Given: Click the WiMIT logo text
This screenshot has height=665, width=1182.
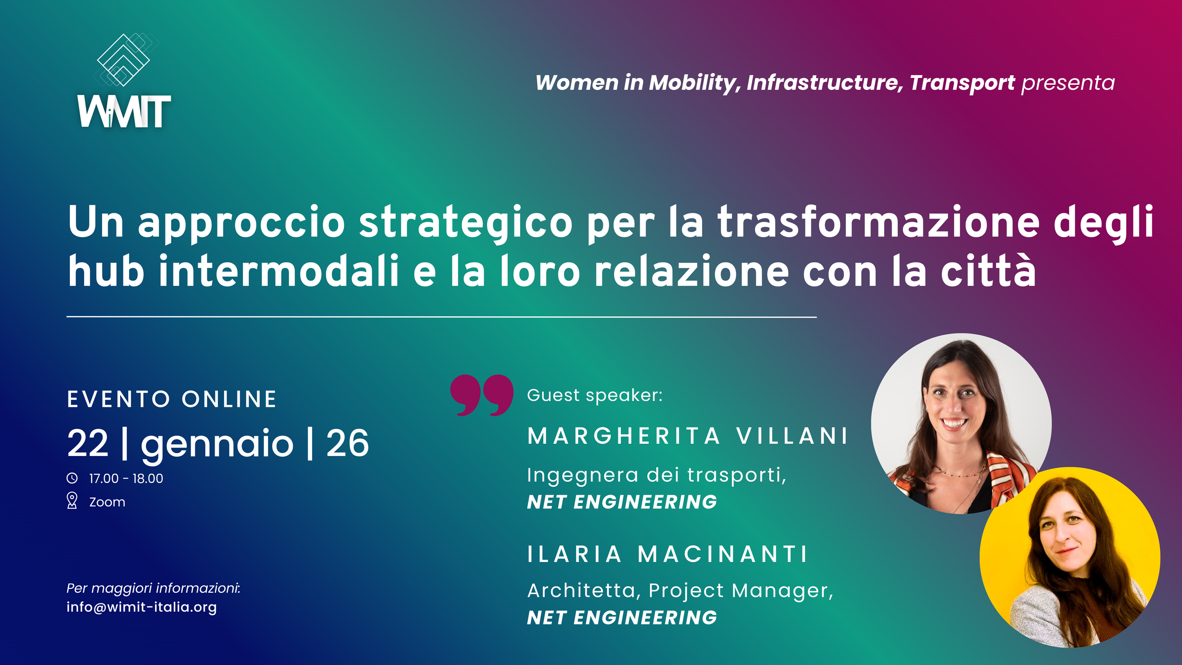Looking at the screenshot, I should pyautogui.click(x=124, y=112).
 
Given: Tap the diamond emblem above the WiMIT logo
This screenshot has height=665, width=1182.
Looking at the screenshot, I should pyautogui.click(x=124, y=60).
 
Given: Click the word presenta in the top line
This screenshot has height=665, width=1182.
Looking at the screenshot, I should pyautogui.click(x=1068, y=83).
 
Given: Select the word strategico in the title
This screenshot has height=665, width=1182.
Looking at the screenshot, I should pyautogui.click(x=466, y=222).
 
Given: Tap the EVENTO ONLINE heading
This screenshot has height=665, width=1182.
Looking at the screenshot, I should pyautogui.click(x=172, y=399).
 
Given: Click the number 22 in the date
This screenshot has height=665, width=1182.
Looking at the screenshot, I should pyautogui.click(x=88, y=443).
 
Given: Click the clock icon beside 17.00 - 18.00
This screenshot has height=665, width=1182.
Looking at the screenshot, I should pyautogui.click(x=72, y=478).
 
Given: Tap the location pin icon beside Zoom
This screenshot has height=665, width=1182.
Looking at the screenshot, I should pyautogui.click(x=72, y=500).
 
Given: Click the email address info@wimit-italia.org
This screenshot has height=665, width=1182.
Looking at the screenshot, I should pyautogui.click(x=141, y=607).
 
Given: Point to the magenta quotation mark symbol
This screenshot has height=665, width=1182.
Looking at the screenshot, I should pyautogui.click(x=481, y=395).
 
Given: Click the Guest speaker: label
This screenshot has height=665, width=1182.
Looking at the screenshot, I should pyautogui.click(x=595, y=395).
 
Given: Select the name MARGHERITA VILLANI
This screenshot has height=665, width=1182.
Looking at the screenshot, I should pyautogui.click(x=688, y=436).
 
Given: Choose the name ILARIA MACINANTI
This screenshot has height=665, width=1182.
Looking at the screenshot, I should pyautogui.click(x=667, y=554).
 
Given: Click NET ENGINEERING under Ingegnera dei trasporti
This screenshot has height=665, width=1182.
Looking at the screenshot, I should pyautogui.click(x=622, y=502).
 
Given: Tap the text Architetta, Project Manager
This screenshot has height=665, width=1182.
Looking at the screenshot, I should pyautogui.click(x=680, y=590).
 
